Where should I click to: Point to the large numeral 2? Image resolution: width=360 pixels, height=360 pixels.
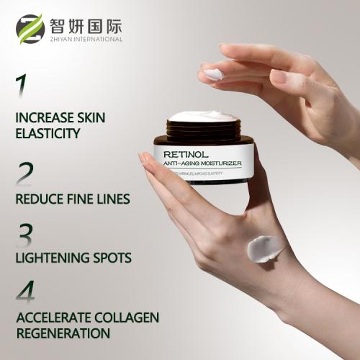pos(25,174)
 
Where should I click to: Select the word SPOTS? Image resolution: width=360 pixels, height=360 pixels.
pos(112,258)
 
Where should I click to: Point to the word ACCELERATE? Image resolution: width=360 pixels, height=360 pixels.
pos(54,318)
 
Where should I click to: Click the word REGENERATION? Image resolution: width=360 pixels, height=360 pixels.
pos(63,333)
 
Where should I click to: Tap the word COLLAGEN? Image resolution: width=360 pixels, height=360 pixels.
pos(127,318)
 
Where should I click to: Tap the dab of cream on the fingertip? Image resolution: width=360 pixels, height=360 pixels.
pos(214,73)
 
